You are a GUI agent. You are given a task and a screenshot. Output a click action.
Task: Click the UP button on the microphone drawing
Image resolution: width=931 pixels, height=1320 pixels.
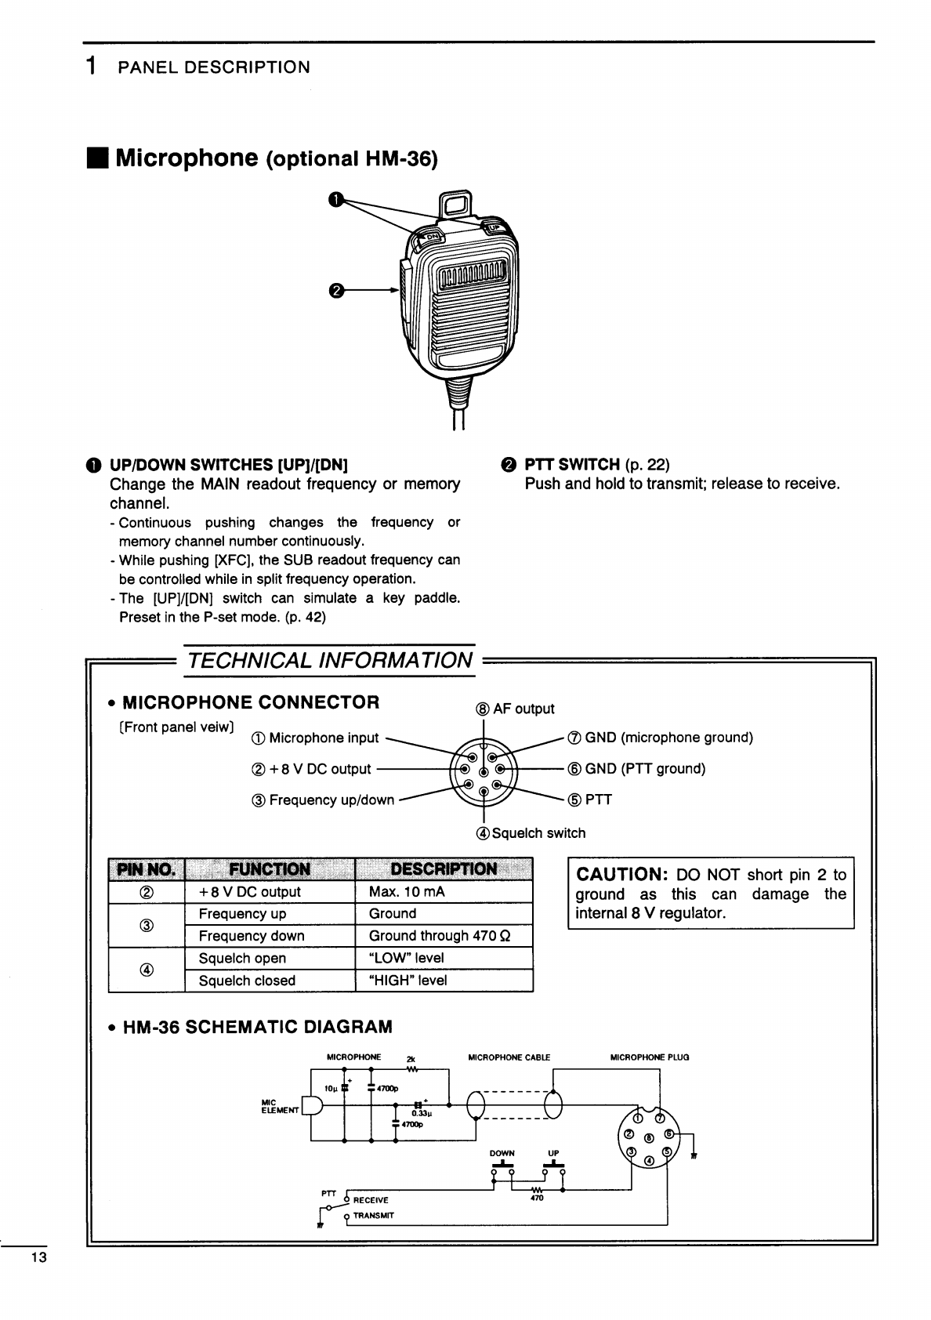[494, 228]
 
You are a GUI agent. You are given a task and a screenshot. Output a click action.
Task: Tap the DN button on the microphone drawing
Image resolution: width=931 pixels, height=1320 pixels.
[430, 236]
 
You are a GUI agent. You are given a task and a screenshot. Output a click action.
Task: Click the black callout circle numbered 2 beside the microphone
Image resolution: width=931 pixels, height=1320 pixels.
[335, 291]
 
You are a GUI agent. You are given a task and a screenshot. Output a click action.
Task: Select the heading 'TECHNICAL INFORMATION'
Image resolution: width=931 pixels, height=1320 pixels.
[330, 660]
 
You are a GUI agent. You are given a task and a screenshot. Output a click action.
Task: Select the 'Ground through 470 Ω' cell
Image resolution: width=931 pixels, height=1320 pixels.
[440, 936]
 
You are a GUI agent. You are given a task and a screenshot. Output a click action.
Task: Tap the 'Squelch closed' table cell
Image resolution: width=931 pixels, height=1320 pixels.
[247, 981]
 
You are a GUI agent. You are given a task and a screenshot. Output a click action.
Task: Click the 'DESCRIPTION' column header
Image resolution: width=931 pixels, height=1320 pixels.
[444, 869]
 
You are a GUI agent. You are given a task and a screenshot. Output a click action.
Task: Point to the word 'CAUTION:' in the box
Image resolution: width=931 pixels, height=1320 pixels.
[621, 875]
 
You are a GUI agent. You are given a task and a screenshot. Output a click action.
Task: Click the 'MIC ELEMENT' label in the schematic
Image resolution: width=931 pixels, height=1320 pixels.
[280, 1107]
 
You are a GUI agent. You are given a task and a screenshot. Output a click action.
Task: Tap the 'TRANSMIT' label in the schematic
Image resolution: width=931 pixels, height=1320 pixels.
[374, 1216]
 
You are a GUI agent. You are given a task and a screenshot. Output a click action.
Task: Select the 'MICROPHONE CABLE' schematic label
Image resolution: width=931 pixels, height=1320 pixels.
[509, 1057]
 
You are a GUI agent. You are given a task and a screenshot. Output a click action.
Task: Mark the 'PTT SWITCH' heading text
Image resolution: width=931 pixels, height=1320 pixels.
[572, 464]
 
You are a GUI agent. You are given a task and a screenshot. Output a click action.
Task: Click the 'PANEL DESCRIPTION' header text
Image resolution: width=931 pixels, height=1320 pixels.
[213, 67]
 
